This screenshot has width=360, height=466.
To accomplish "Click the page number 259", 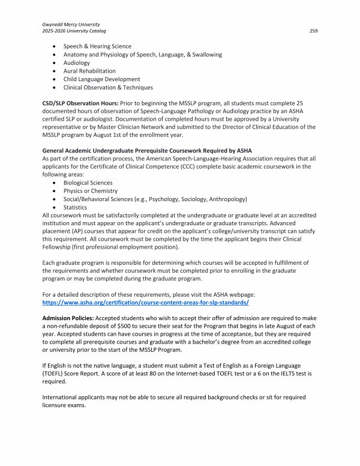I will (313, 30).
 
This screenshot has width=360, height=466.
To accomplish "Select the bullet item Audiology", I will (77, 62).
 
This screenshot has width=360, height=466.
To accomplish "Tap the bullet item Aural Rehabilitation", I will (89, 71).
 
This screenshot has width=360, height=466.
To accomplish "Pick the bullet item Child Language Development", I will (101, 79).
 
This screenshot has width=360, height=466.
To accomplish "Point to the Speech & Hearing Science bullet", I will (97, 46).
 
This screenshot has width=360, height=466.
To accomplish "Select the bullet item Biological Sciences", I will (88, 183).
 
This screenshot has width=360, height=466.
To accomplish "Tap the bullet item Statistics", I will (75, 207).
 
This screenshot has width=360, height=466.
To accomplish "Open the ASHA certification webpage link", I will (145, 303).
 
